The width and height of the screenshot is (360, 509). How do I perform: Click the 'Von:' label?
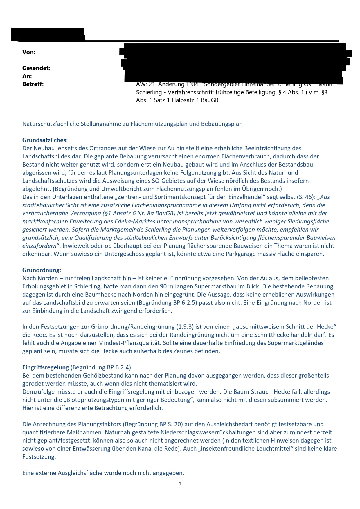(29, 52)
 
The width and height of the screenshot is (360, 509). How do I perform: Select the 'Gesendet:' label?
(36, 68)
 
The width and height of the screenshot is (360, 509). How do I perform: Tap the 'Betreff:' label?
(33, 84)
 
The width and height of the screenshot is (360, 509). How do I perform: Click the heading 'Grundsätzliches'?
(44, 140)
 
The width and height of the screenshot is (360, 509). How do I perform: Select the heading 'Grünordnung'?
(41, 270)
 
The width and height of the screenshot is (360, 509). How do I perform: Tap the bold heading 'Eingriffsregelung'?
(46, 367)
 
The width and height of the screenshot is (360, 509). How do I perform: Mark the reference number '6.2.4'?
(123, 367)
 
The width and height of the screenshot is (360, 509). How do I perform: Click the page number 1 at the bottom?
(180, 484)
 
